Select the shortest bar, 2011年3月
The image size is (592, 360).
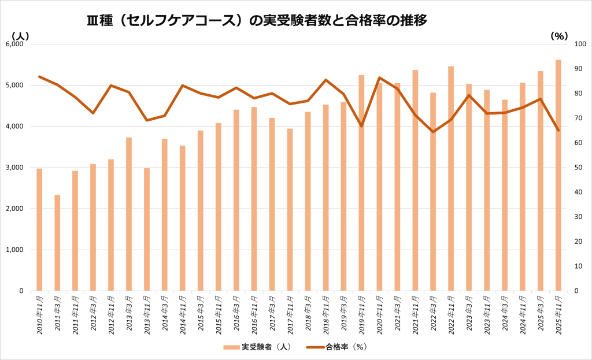(x=57, y=243)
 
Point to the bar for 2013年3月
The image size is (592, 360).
(x=129, y=214)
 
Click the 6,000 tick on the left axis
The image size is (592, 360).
(x=13, y=44)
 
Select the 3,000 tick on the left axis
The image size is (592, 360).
(x=13, y=168)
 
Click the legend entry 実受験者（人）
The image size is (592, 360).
(x=261, y=347)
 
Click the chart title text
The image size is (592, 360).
(x=257, y=21)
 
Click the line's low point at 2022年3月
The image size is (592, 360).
(x=433, y=132)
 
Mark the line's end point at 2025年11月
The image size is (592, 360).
(x=558, y=130)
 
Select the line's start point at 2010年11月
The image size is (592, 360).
(x=39, y=76)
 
